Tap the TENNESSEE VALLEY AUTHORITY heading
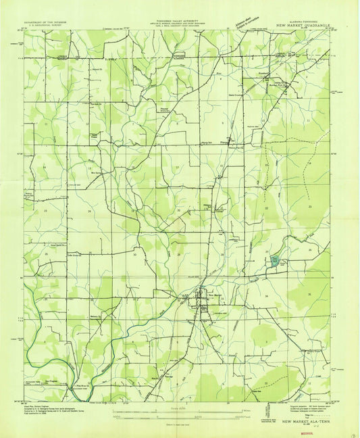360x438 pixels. (177, 21)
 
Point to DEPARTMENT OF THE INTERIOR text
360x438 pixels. (50, 22)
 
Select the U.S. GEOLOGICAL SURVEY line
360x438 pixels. (50, 25)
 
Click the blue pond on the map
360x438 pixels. (275, 260)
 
